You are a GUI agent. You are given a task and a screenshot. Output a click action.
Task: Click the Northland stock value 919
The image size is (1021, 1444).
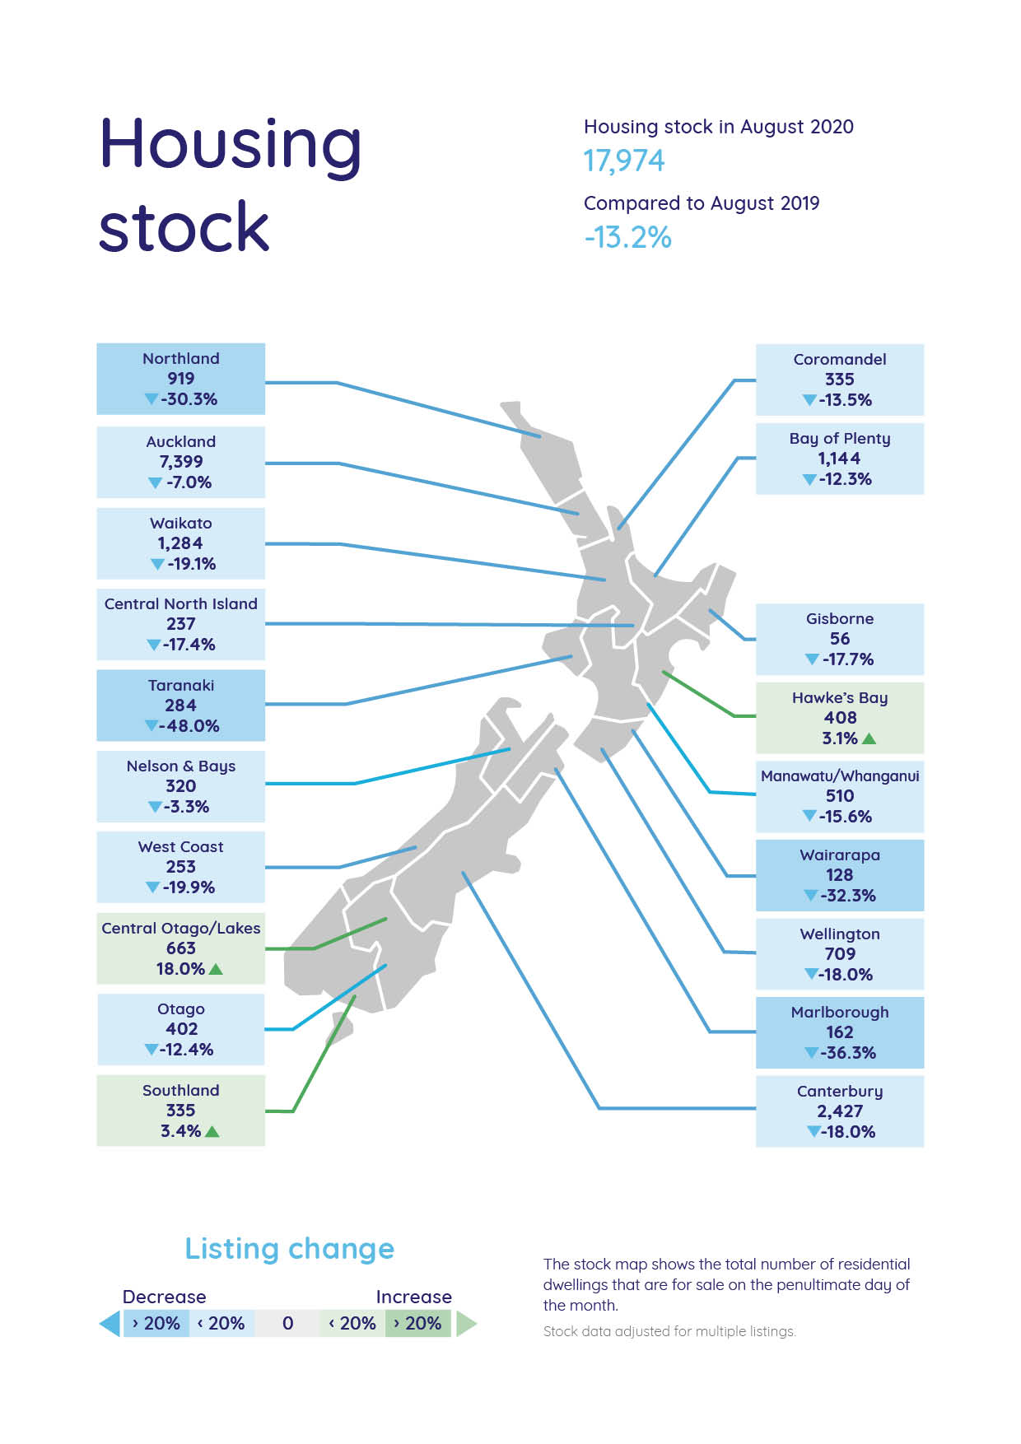(180, 379)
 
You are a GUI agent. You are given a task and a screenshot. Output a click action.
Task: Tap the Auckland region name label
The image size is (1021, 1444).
(180, 441)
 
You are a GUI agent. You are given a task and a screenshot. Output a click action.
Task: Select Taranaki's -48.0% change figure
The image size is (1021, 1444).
(189, 726)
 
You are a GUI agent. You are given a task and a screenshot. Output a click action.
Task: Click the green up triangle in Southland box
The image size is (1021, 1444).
(212, 1131)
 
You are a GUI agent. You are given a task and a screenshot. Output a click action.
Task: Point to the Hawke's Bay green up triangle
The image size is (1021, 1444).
(869, 738)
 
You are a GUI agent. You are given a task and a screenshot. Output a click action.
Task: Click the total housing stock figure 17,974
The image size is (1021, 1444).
(623, 161)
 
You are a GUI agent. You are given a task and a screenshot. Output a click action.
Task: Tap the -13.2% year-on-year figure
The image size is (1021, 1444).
(627, 237)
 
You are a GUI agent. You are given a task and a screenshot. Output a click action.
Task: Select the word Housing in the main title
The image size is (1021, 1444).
(230, 145)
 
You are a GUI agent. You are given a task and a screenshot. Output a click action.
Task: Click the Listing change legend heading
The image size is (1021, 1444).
(289, 1249)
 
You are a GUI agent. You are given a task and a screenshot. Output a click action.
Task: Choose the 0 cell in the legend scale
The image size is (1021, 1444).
(287, 1323)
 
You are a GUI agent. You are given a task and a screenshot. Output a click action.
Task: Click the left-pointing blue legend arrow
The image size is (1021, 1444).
(110, 1324)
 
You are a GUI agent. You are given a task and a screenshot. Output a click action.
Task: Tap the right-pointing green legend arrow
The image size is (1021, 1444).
(466, 1324)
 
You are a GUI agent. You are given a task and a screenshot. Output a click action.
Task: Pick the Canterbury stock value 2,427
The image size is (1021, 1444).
(839, 1111)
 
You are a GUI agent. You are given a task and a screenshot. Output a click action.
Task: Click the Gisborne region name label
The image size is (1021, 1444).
(839, 618)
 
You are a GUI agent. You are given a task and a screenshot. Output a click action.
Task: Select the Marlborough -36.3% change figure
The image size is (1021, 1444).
(847, 1053)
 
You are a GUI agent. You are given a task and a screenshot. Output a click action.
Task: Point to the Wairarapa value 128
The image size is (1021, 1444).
(839, 875)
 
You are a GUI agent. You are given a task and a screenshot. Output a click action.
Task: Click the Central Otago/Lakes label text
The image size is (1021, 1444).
(180, 928)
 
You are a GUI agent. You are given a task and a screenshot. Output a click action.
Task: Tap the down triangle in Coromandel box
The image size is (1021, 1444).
(809, 401)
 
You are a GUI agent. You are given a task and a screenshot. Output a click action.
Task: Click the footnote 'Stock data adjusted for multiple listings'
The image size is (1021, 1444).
(669, 1331)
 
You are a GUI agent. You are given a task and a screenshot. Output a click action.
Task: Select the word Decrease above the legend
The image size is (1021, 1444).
(164, 1297)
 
